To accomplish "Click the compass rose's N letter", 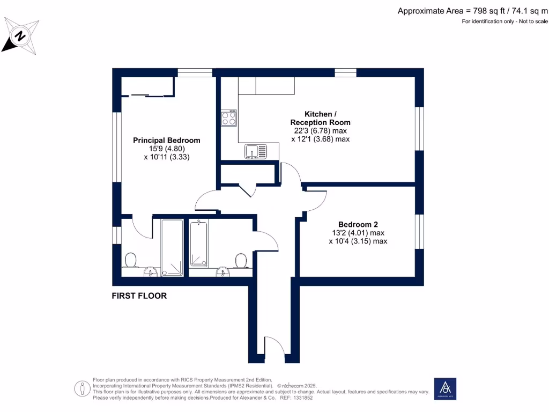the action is pyautogui.click(x=20, y=36).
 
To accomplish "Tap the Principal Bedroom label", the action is pyautogui.click(x=167, y=140).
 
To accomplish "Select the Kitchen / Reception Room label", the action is pyautogui.click(x=321, y=118).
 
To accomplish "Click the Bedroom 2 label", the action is pyautogui.click(x=358, y=224).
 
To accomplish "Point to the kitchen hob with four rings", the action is pyautogui.click(x=229, y=118).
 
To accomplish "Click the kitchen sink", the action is pyautogui.click(x=256, y=151).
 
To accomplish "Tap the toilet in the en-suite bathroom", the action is pyautogui.click(x=131, y=260).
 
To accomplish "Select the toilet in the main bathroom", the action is pyautogui.click(x=241, y=261).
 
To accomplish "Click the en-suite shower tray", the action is pyautogui.click(x=172, y=247).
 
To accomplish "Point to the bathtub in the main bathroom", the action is pyautogui.click(x=198, y=244).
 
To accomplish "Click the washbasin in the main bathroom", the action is pyautogui.click(x=222, y=272).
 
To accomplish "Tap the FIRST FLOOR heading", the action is pyautogui.click(x=139, y=296).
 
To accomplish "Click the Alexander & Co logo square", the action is pyautogui.click(x=445, y=388).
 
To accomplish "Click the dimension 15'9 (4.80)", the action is pyautogui.click(x=167, y=149).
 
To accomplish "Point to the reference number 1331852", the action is pyautogui.click(x=303, y=398).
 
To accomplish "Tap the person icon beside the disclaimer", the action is pyautogui.click(x=82, y=388).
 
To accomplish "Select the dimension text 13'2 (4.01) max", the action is pyautogui.click(x=358, y=233).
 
